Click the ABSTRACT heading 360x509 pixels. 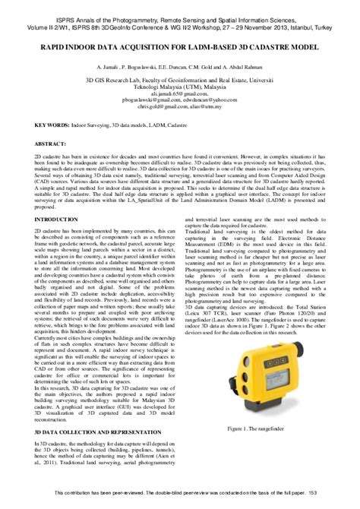(x=50, y=143)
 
